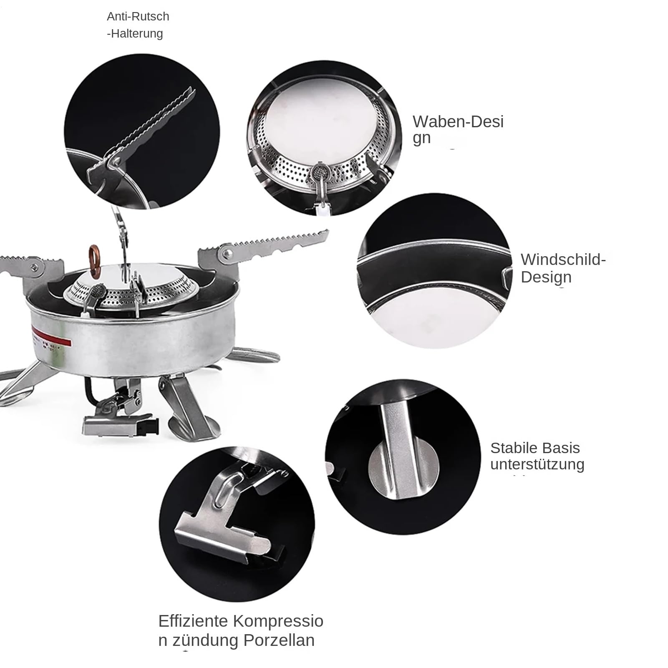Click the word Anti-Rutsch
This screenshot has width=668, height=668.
tap(138, 17)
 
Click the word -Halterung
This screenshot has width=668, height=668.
tap(135, 34)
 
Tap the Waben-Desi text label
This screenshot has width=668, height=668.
tap(458, 122)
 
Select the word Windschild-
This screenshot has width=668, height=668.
tap(563, 260)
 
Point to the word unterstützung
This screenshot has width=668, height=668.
tap(537, 464)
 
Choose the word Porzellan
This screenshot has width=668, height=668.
tap(279, 640)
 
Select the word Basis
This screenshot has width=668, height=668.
tap(564, 448)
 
